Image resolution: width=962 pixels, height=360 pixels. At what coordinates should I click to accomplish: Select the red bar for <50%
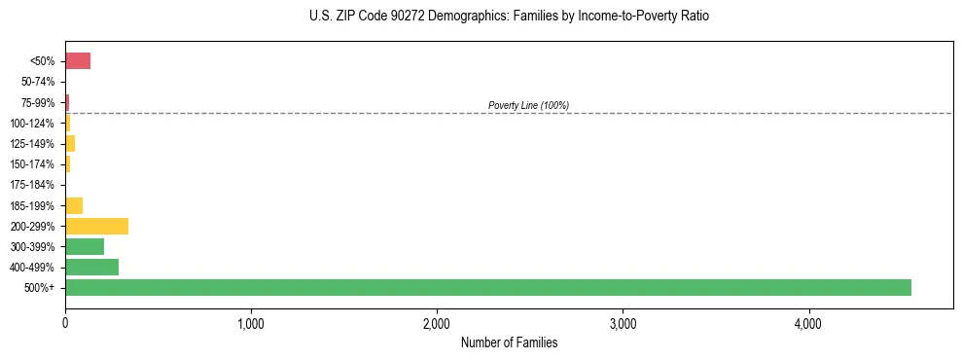coord(78,61)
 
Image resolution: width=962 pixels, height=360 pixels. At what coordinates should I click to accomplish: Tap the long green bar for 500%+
coord(487,287)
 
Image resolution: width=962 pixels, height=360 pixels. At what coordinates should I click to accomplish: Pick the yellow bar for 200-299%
coord(96,226)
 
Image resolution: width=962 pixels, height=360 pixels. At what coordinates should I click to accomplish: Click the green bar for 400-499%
coord(91,267)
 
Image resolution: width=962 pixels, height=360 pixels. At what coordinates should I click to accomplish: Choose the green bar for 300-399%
coord(85,246)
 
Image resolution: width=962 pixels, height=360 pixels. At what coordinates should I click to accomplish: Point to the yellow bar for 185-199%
coord(74,205)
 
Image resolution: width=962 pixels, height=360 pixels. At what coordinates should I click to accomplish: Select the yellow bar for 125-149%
coord(70,144)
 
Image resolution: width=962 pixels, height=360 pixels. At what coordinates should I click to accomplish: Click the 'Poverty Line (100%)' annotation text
coord(528,105)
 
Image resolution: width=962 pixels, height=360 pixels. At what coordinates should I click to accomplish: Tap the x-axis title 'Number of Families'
coord(509,342)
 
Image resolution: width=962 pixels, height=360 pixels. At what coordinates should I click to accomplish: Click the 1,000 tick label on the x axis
coord(251,323)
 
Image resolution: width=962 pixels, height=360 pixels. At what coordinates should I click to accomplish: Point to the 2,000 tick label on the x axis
coord(437,323)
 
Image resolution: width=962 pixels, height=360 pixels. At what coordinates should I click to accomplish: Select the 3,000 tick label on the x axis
coord(623,323)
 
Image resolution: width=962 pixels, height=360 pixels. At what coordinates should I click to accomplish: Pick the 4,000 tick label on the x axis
coord(808,323)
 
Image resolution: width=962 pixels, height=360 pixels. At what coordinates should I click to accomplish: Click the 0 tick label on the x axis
coord(65,323)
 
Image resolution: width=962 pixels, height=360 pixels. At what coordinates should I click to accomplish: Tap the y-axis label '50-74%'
coord(38,83)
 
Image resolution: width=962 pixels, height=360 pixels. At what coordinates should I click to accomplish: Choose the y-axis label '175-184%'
coord(33,185)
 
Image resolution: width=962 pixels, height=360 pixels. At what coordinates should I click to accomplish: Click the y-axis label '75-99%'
coord(38,103)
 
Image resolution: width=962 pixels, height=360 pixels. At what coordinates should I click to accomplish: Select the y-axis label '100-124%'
coord(33,124)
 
